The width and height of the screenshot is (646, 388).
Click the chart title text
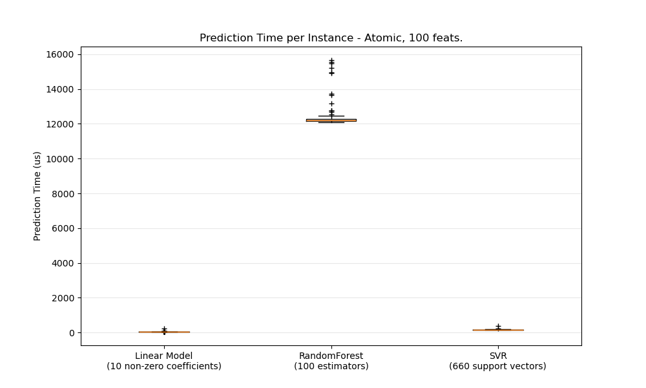point(331,38)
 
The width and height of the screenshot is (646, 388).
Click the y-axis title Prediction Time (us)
point(37,196)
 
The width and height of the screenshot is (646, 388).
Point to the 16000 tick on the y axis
point(59,54)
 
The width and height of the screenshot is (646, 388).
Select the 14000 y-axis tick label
point(59,89)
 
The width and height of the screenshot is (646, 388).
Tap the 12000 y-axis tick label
point(59,124)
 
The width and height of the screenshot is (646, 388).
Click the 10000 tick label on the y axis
point(59,159)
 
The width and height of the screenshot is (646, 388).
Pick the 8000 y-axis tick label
point(61,194)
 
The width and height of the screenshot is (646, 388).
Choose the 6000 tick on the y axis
point(61,228)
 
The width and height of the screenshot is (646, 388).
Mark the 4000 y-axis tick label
point(61,263)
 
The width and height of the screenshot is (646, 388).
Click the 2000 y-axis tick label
point(61,298)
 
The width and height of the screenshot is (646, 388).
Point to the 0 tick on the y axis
point(71,333)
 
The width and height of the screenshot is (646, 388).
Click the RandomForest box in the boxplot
point(331,120)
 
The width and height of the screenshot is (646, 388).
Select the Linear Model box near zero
point(164,332)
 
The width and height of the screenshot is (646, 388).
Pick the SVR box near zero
point(497,330)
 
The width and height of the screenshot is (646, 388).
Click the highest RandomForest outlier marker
point(331,61)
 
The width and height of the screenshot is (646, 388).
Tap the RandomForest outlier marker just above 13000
point(331,103)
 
